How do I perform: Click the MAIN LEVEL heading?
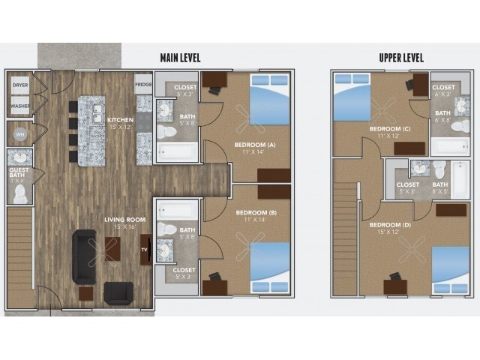[x=180, y=58]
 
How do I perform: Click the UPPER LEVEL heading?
[x=402, y=58]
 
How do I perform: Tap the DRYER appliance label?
[x=20, y=85]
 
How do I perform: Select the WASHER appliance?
[x=20, y=106]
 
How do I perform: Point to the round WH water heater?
[x=19, y=135]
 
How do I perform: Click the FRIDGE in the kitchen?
[x=143, y=85]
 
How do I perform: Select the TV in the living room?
[x=145, y=249]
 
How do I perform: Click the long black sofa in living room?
[x=83, y=256]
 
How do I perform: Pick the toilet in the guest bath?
[x=20, y=194]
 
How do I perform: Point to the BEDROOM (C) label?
[x=389, y=132]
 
